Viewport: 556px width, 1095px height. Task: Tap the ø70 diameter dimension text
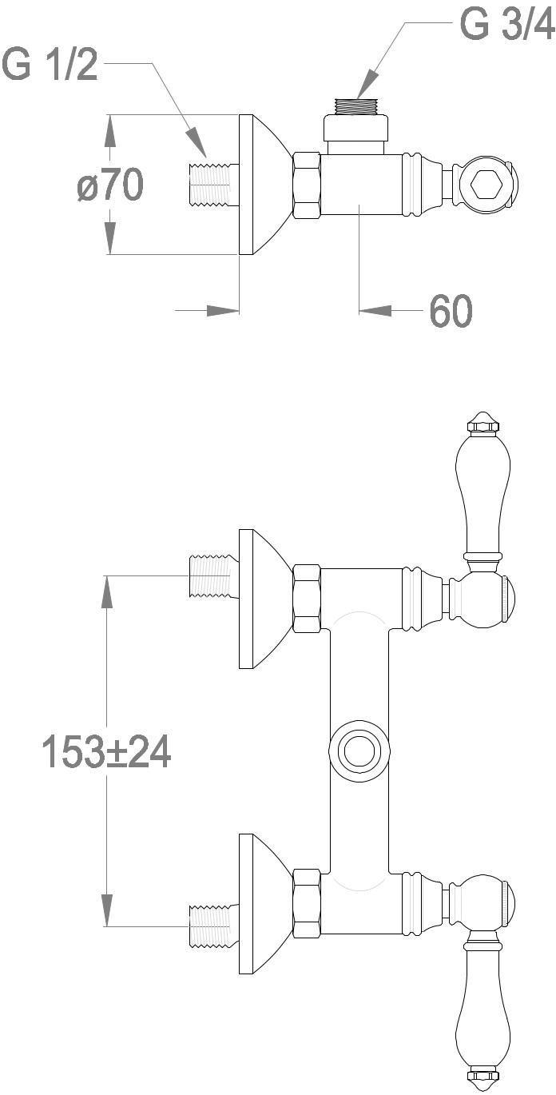[x=110, y=184]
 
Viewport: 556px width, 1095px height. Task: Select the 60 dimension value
[x=451, y=310]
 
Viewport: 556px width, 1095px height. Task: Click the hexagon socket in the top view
[x=487, y=185]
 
